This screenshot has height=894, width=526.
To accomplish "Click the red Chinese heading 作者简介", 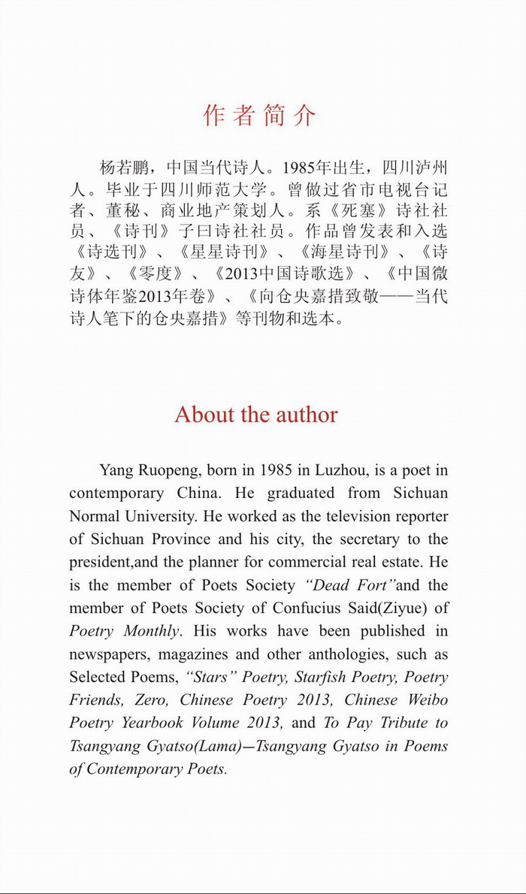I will pos(259,116).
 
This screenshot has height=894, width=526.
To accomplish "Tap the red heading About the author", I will pos(256,414).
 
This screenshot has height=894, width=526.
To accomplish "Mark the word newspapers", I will pos(107,654).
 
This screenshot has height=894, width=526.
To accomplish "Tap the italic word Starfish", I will pos(320,677).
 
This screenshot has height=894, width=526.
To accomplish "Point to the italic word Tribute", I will pos(402,723).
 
